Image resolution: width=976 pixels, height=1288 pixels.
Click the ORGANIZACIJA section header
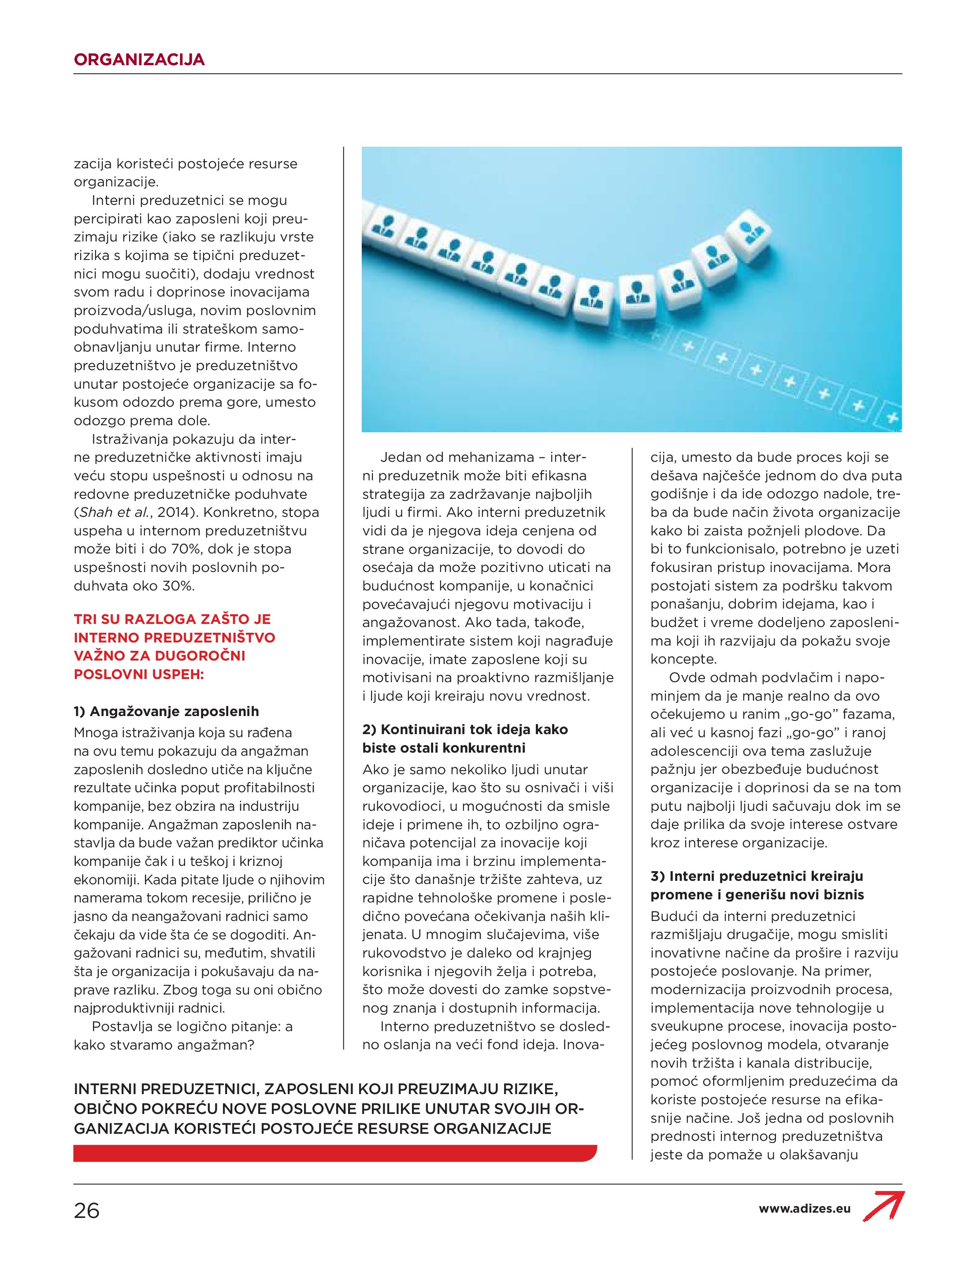(x=139, y=59)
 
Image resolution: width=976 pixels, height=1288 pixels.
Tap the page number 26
(x=87, y=1211)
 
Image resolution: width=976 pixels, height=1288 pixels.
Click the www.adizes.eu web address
(x=804, y=1209)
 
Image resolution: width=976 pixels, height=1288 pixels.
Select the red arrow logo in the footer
(x=883, y=1207)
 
